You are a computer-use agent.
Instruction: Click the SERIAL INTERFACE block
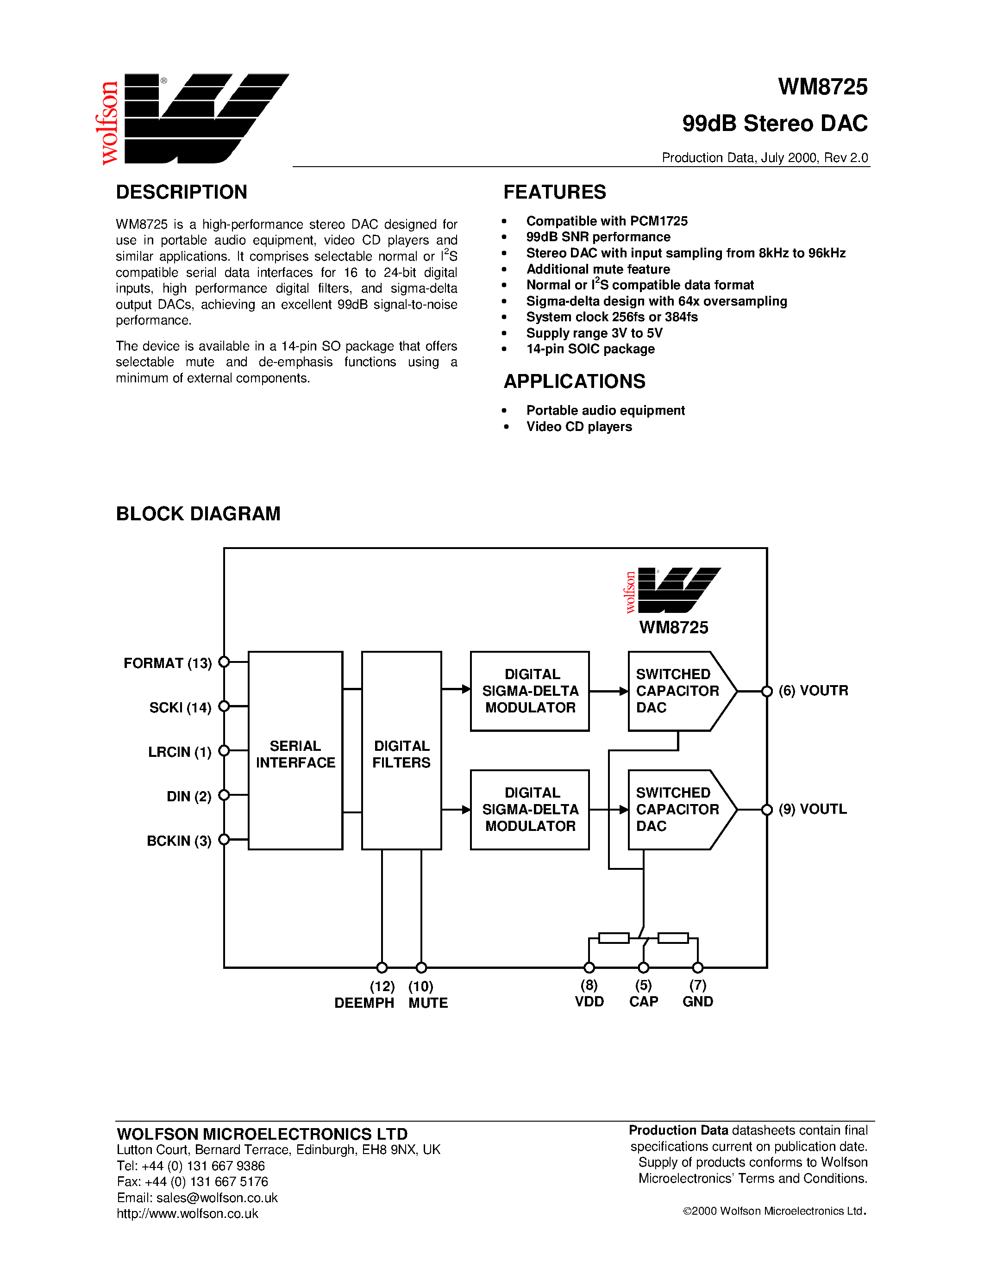tap(295, 750)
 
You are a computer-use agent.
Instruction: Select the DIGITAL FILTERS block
tap(401, 750)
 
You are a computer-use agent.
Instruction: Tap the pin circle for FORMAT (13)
tap(224, 661)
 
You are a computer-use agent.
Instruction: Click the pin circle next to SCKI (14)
tap(224, 706)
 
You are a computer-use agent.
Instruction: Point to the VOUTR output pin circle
tap(767, 691)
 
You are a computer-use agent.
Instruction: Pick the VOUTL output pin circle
tap(767, 810)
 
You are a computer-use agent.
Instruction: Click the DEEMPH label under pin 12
tap(364, 1003)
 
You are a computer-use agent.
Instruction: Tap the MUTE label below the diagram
tap(428, 1003)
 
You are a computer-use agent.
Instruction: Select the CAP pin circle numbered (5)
tap(644, 967)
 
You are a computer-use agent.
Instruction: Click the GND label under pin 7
tap(698, 1001)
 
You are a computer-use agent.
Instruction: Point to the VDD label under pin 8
tap(589, 1001)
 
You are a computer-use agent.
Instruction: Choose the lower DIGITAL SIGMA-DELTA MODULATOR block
tap(530, 810)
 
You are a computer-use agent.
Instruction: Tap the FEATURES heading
tap(554, 192)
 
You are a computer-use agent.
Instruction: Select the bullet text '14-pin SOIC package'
tap(590, 349)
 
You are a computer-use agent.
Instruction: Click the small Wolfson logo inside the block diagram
tap(673, 590)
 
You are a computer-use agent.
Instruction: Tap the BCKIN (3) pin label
tap(179, 841)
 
